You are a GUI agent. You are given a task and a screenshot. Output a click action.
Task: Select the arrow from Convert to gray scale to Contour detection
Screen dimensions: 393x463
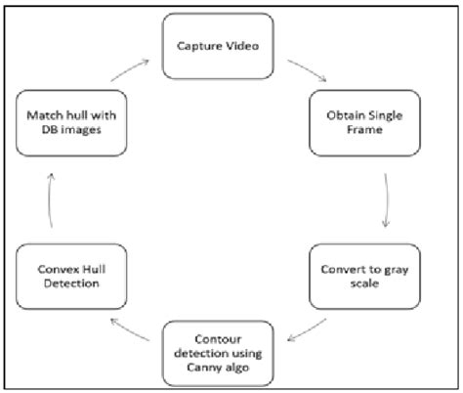tap(316, 326)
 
